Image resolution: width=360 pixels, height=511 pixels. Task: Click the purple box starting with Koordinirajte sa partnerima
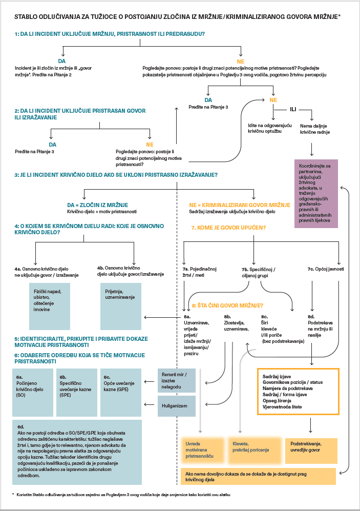(316, 194)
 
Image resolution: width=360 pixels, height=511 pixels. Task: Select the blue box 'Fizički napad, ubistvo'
(50, 306)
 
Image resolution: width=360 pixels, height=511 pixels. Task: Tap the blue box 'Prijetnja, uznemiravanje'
(121, 306)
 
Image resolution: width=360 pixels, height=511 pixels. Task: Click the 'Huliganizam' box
(177, 406)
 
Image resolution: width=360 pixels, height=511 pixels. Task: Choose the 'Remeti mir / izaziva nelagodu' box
(177, 381)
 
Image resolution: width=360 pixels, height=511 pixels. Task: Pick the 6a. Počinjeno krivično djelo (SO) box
(33, 393)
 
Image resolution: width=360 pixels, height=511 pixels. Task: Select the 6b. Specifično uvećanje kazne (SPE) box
(76, 393)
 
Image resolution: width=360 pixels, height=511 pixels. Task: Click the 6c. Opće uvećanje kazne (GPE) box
(121, 393)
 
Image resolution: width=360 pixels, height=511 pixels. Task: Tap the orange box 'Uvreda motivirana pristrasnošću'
(202, 451)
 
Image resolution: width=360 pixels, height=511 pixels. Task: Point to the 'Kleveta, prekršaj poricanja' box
(254, 451)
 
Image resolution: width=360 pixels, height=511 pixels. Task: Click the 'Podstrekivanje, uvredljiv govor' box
(311, 451)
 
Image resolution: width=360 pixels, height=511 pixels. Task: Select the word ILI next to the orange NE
(293, 110)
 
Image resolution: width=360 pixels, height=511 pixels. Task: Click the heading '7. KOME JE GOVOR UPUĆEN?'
(228, 228)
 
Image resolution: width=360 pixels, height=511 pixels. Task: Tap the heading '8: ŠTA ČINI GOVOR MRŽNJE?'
(227, 305)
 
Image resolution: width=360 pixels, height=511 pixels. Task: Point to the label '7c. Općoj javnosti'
(326, 269)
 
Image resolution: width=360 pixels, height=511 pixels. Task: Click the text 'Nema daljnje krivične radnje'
(315, 129)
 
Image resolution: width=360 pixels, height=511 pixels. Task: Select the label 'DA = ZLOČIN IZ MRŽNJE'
(98, 205)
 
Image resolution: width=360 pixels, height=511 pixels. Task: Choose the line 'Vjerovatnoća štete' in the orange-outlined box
(282, 407)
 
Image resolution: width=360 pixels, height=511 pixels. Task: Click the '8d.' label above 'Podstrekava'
(311, 316)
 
